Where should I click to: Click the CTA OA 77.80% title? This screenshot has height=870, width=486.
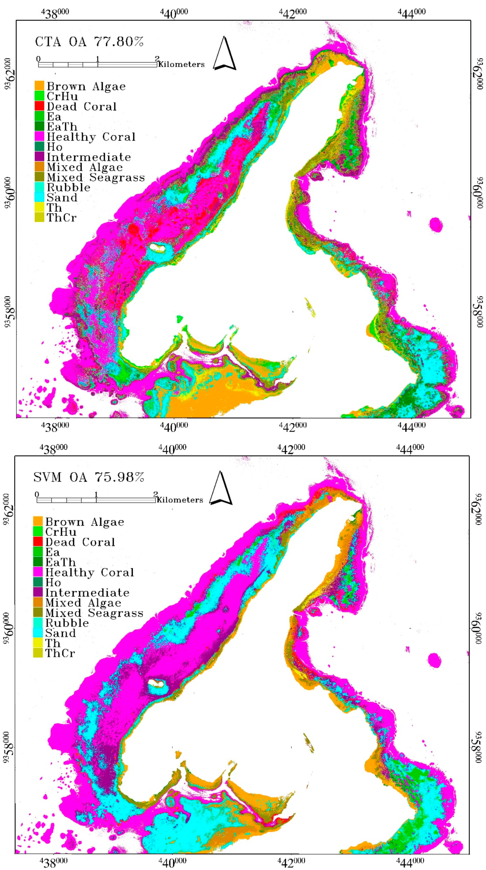pyautogui.click(x=89, y=42)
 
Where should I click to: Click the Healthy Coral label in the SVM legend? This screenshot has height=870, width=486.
pyautogui.click(x=90, y=573)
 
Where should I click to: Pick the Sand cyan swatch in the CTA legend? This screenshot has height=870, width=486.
pyautogui.click(x=39, y=197)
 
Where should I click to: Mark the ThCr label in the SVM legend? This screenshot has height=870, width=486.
pyautogui.click(x=60, y=653)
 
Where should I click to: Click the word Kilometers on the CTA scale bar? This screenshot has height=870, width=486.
pyautogui.click(x=182, y=64)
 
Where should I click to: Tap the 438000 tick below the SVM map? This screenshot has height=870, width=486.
pyautogui.click(x=53, y=862)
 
